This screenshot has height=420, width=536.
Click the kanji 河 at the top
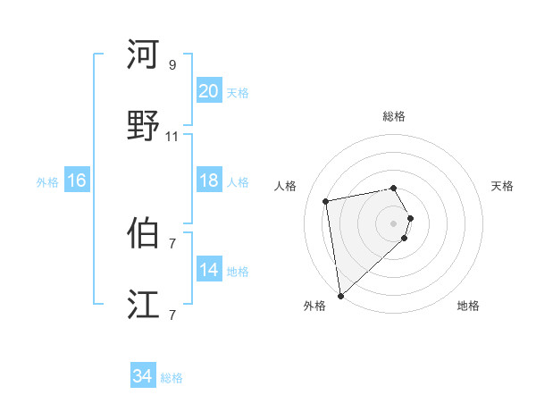[x=143, y=55]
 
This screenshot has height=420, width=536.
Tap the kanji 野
[x=143, y=126]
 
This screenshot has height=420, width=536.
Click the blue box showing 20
[x=208, y=91]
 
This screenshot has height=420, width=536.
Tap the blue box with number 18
[x=208, y=181]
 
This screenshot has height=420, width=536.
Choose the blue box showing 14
[x=208, y=270]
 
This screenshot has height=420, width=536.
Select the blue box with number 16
[x=76, y=181]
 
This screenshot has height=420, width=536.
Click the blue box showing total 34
[x=142, y=376]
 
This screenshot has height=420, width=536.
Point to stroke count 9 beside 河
[x=172, y=64]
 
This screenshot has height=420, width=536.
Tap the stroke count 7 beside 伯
[x=172, y=243]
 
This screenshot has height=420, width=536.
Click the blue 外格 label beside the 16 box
[x=47, y=181]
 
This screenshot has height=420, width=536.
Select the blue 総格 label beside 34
[x=172, y=378]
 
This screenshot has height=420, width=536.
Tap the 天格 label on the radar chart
[x=502, y=186]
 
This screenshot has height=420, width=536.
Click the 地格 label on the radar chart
[x=468, y=306]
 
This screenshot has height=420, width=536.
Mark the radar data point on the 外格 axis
[x=339, y=295]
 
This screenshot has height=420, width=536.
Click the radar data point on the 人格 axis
[x=326, y=200]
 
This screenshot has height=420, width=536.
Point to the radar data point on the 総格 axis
[x=393, y=188]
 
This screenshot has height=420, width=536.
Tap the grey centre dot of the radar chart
[x=393, y=223]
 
